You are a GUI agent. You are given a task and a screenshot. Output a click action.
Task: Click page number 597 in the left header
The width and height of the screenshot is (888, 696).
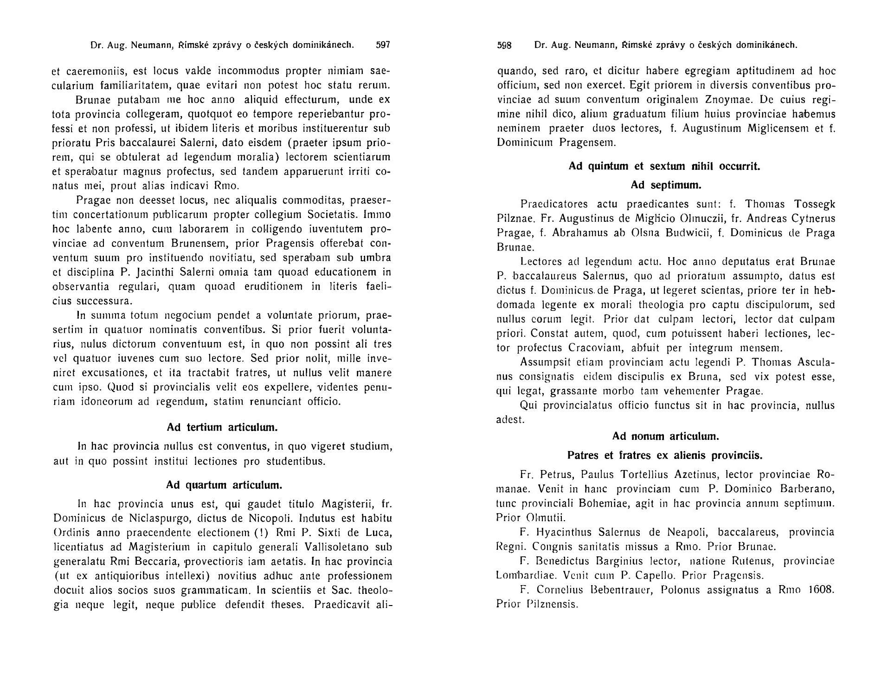383,45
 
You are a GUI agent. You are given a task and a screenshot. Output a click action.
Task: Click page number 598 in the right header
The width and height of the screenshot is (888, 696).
504,45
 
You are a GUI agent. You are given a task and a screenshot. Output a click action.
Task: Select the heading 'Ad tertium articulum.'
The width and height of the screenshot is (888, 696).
222,427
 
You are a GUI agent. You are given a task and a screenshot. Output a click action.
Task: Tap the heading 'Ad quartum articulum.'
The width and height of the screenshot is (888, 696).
224,485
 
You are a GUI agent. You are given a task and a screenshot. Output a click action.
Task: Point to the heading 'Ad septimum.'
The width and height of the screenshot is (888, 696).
666,185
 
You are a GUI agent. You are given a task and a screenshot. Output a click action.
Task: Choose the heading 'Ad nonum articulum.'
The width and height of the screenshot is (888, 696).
665,436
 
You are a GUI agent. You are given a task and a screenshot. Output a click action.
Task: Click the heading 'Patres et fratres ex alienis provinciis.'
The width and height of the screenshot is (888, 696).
665,455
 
